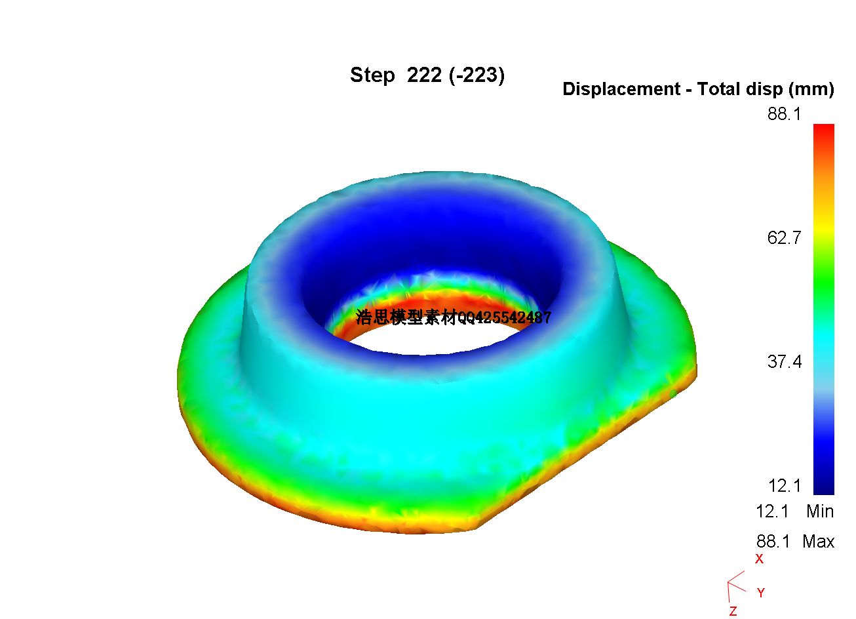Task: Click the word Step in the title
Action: pyautogui.click(x=372, y=75)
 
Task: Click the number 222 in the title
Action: pyautogui.click(x=424, y=75)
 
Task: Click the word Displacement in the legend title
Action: pyautogui.click(x=621, y=89)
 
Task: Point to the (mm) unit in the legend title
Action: pyautogui.click(x=811, y=89)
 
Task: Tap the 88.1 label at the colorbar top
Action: pyautogui.click(x=784, y=114)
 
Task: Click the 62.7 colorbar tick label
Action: pyautogui.click(x=784, y=238)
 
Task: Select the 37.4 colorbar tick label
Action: pyautogui.click(x=784, y=362)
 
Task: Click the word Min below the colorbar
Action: pyautogui.click(x=820, y=511)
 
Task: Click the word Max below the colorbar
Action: pyautogui.click(x=819, y=542)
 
